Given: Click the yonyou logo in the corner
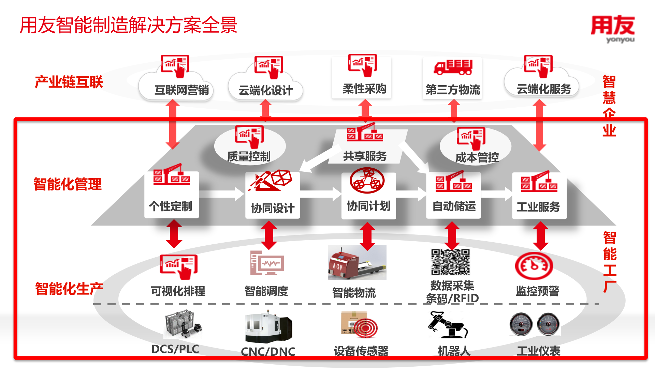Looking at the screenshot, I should click(x=613, y=29).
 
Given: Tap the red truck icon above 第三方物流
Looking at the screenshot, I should click(x=453, y=67).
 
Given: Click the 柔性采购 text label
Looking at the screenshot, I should click(x=364, y=89).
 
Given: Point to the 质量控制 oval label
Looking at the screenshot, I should click(x=249, y=156).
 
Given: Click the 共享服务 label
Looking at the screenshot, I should click(x=365, y=156).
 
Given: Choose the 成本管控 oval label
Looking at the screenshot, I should click(x=477, y=157).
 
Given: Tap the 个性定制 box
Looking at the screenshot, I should click(x=171, y=195).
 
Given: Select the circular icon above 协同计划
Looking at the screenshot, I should click(x=367, y=181).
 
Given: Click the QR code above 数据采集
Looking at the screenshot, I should click(x=450, y=262).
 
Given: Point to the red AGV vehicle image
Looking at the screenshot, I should click(x=357, y=263).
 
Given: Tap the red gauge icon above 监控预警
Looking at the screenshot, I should click(x=534, y=266).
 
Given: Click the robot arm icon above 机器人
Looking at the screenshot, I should click(x=448, y=325).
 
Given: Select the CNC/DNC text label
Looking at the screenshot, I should click(x=268, y=351).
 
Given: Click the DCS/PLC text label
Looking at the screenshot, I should click(x=175, y=349).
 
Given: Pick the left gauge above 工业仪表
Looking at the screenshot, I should click(x=521, y=324).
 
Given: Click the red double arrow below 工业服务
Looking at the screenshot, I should click(x=541, y=236).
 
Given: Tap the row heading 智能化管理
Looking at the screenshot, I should click(x=68, y=184).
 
